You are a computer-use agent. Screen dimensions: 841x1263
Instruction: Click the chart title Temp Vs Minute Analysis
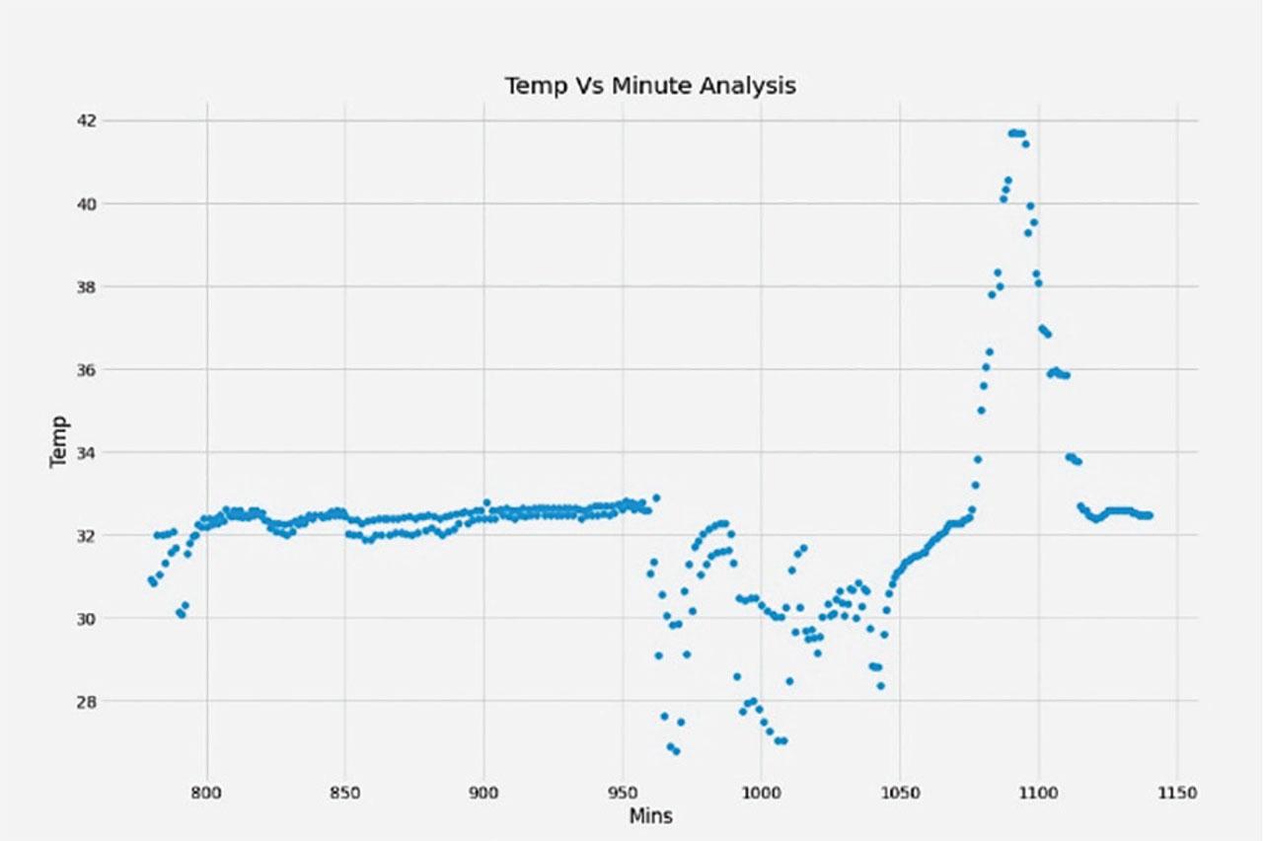[x=650, y=86]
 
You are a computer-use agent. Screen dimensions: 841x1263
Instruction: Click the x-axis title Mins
[x=650, y=816]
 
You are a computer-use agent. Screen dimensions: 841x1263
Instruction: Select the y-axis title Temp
[x=60, y=441]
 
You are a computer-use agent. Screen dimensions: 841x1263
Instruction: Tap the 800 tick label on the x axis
[x=206, y=792]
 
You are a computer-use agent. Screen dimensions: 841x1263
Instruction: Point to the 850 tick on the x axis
[x=344, y=792]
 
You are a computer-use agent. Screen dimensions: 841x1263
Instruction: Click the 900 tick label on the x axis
[x=483, y=792]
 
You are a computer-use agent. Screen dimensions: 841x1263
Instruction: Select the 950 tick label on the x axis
[x=622, y=792]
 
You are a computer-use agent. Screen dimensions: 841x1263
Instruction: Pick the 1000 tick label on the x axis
[x=761, y=792]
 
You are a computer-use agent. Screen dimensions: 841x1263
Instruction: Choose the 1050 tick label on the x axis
[x=899, y=792]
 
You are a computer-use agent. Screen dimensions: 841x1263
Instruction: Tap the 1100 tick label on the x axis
[x=1038, y=792]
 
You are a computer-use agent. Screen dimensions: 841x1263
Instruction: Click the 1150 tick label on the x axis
[x=1176, y=792]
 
